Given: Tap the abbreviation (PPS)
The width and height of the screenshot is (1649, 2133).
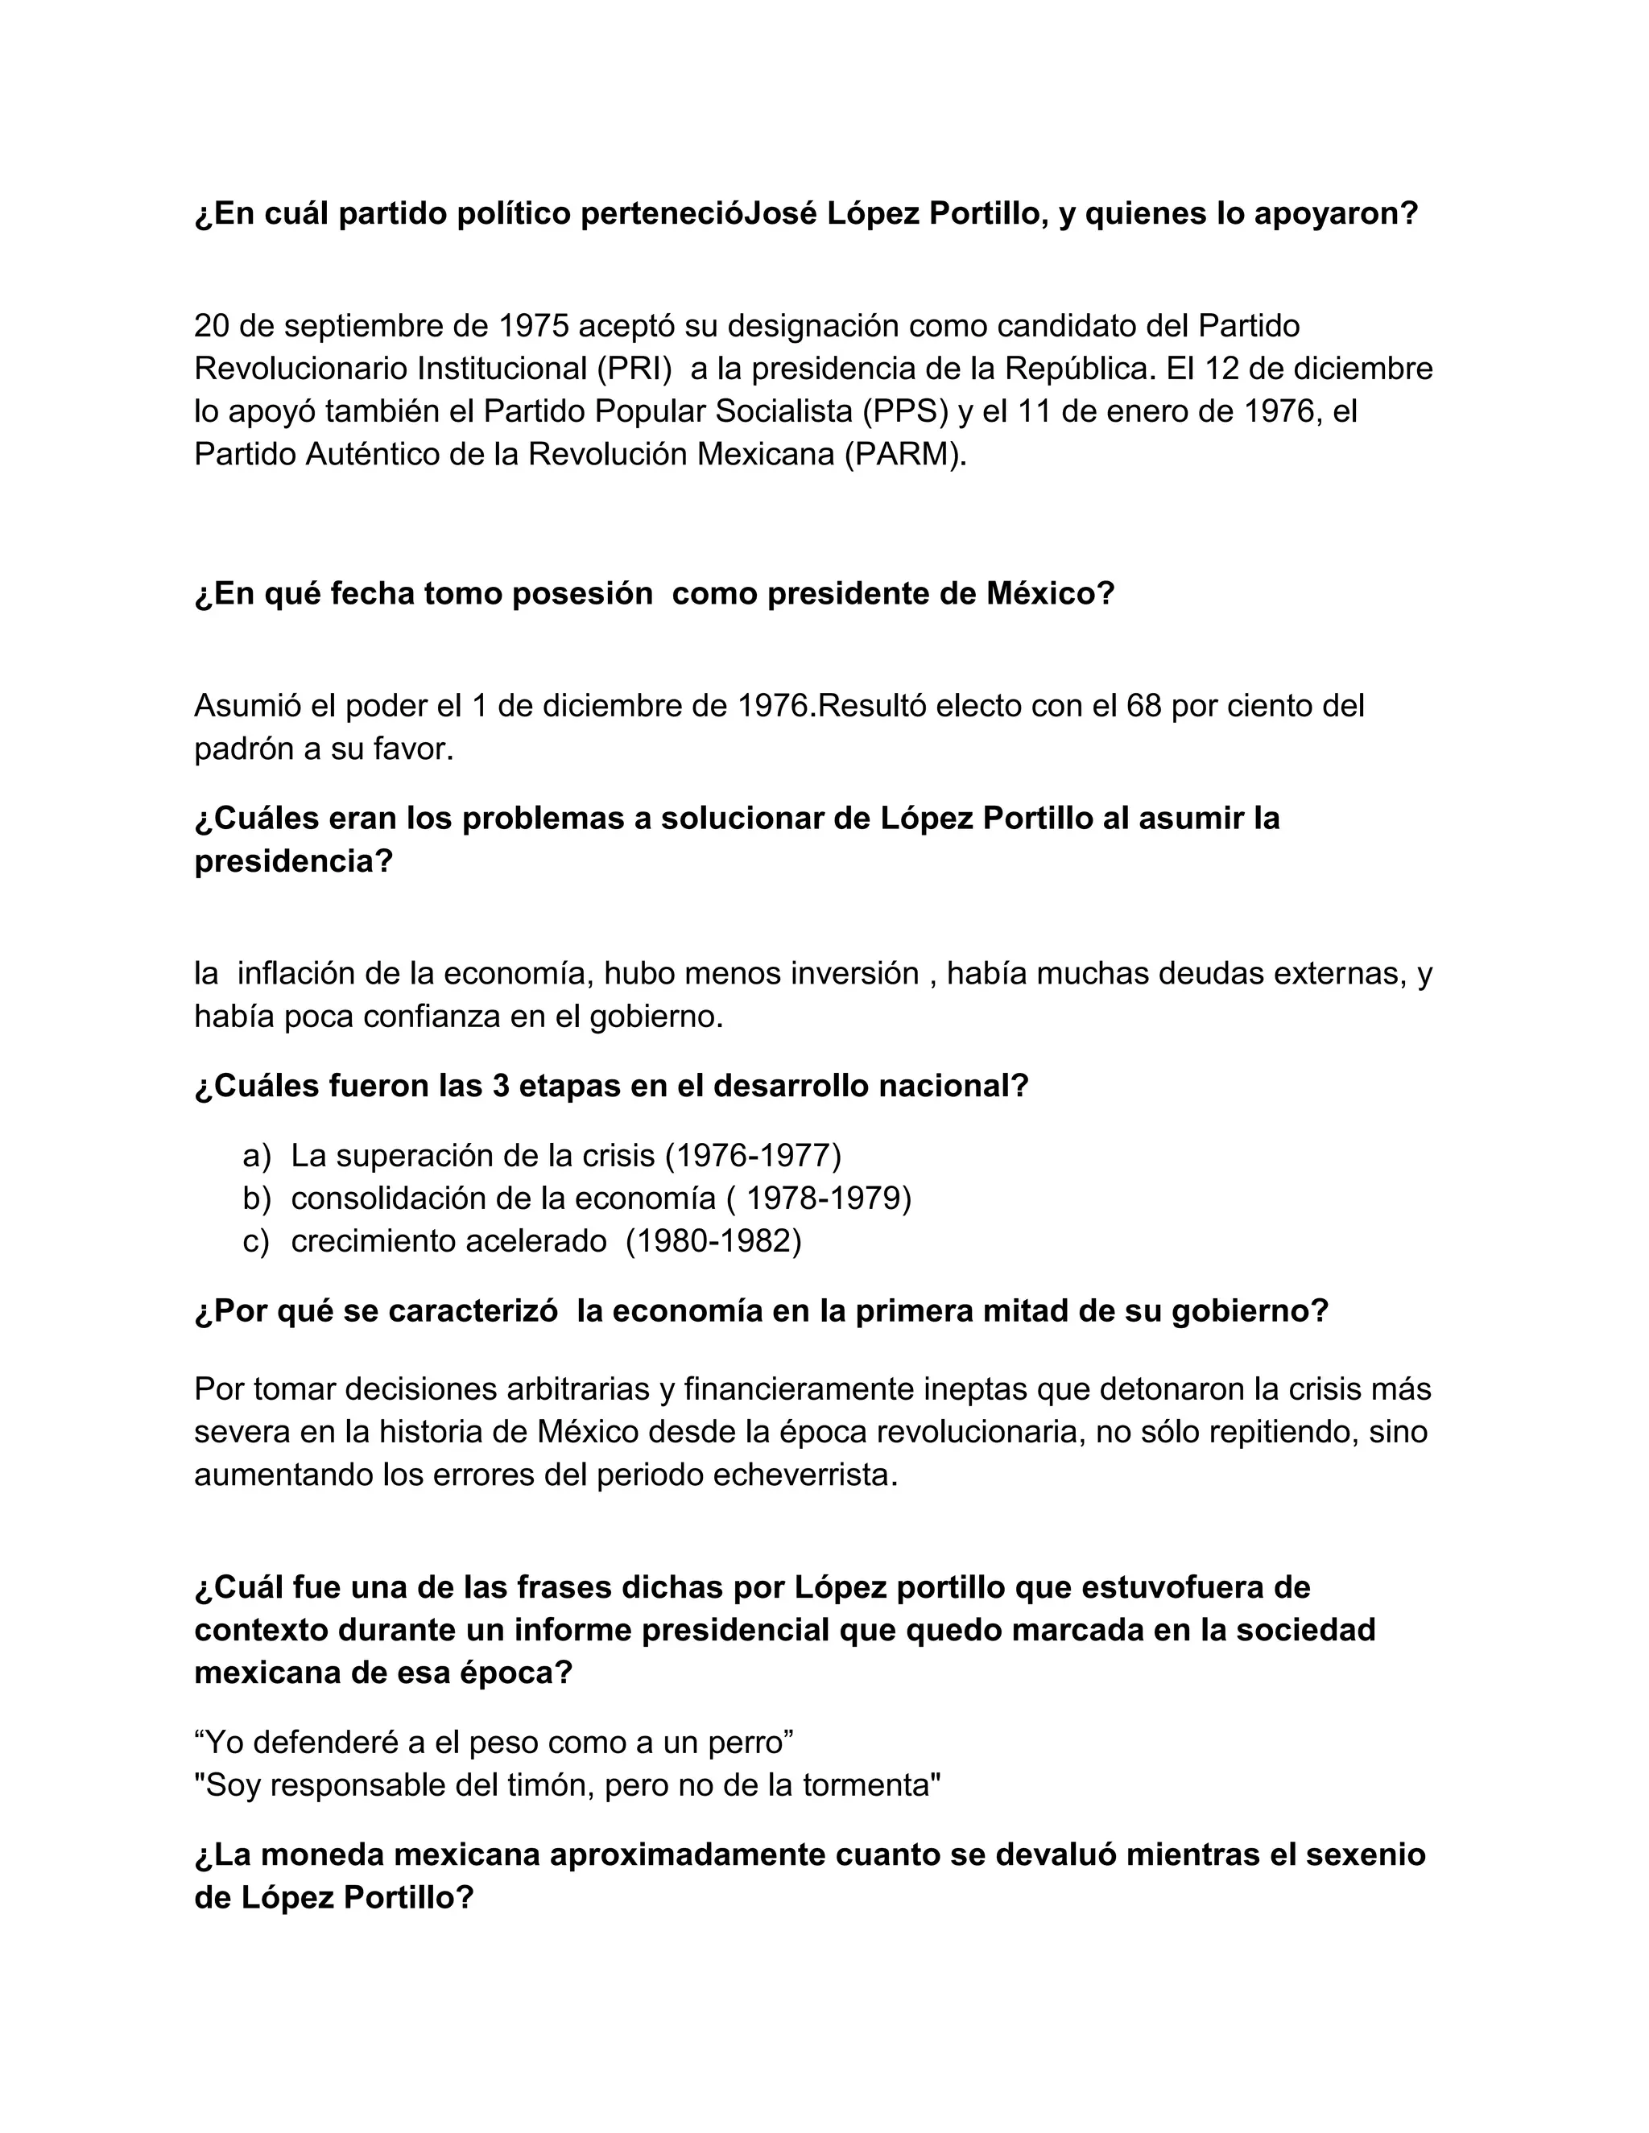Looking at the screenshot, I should (906, 412).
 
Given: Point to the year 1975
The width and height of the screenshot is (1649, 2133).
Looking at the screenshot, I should (535, 326).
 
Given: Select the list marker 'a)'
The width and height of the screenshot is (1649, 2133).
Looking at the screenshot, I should (257, 1157).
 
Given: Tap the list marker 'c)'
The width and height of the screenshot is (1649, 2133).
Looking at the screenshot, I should (256, 1241).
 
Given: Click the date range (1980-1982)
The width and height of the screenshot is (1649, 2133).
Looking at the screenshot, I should (713, 1241).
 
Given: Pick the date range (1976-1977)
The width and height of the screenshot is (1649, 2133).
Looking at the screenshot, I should (752, 1157).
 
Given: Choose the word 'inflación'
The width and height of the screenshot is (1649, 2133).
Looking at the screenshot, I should (297, 974).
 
